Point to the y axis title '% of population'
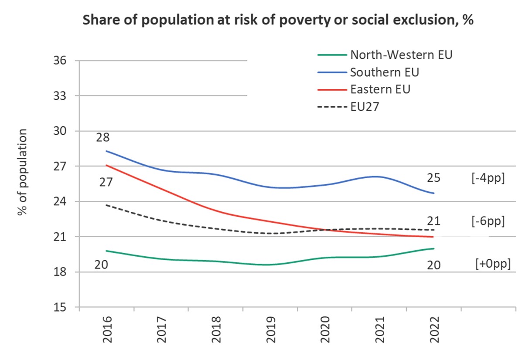click(x=22, y=173)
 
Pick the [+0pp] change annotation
click(x=493, y=264)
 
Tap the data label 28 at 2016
click(x=103, y=138)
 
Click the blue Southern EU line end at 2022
click(x=433, y=193)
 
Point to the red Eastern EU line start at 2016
click(x=106, y=165)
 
